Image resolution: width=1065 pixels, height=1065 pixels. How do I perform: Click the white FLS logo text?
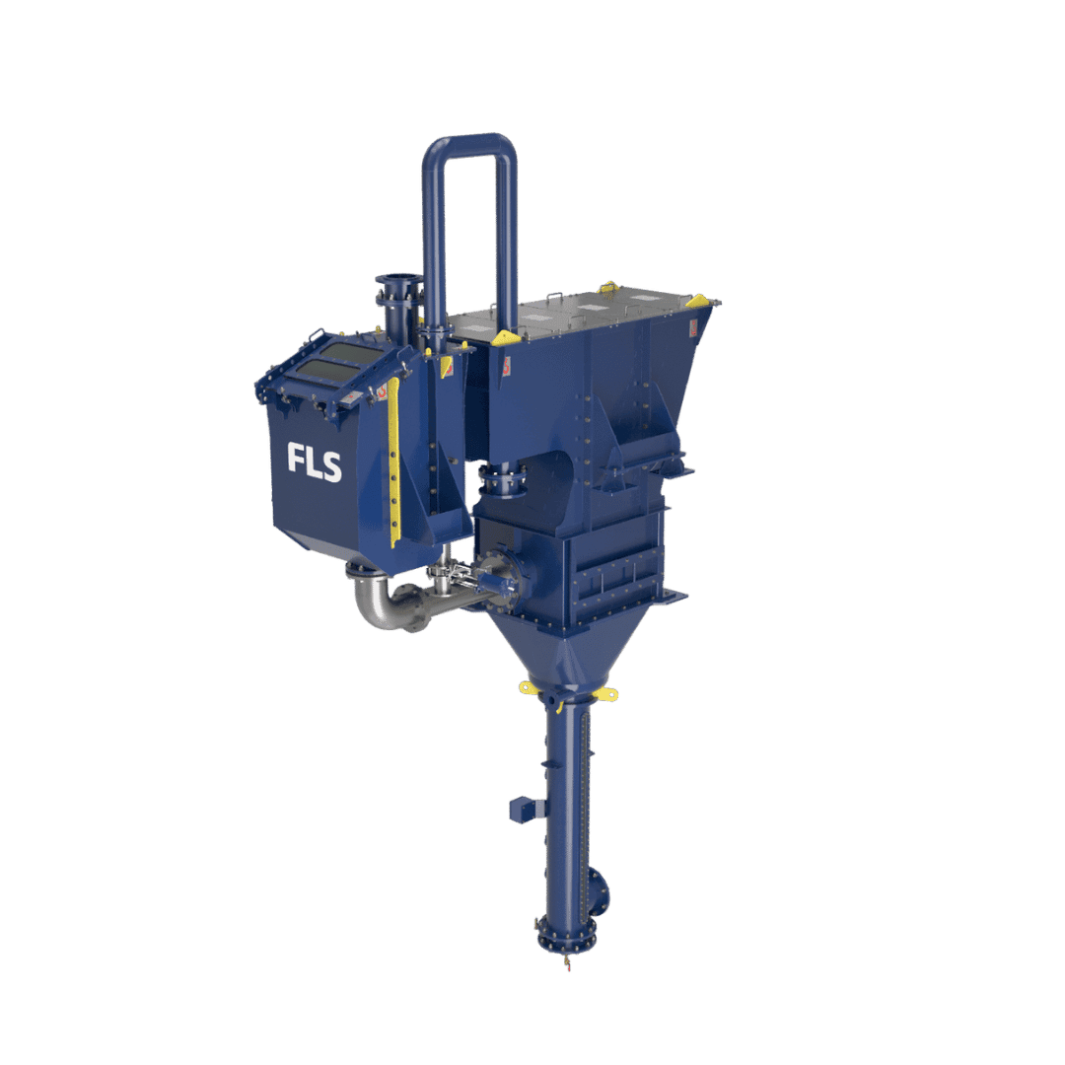pyautogui.click(x=315, y=461)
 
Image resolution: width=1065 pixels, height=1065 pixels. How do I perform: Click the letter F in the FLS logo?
pyautogui.click(x=296, y=460)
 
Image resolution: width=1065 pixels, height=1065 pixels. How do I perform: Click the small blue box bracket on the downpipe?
pyautogui.click(x=524, y=810)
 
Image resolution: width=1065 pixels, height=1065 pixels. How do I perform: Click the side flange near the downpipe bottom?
pyautogui.click(x=601, y=892)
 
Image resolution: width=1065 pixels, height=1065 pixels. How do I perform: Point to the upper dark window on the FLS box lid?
pyautogui.click(x=353, y=353)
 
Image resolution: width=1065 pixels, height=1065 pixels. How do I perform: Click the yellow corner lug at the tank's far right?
pyautogui.click(x=697, y=301)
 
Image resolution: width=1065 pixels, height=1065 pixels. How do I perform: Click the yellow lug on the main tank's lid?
pyautogui.click(x=608, y=287)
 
